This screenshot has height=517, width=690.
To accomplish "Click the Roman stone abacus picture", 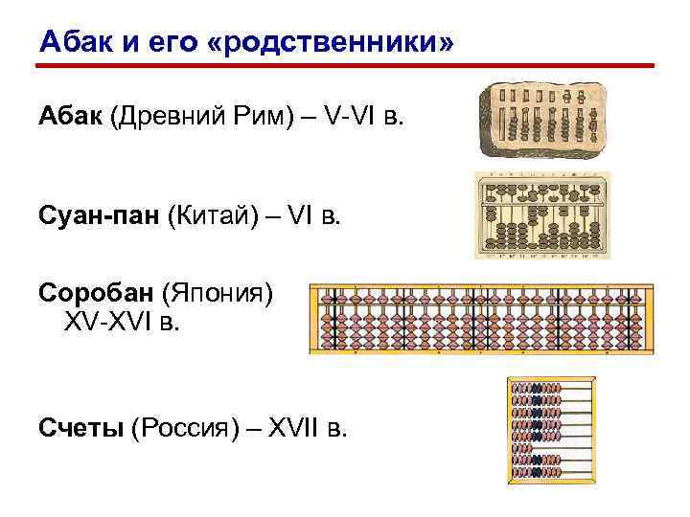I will click(542, 120).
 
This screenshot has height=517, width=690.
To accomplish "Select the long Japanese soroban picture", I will click(494, 319).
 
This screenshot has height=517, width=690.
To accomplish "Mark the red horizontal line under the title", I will click(345, 67).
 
